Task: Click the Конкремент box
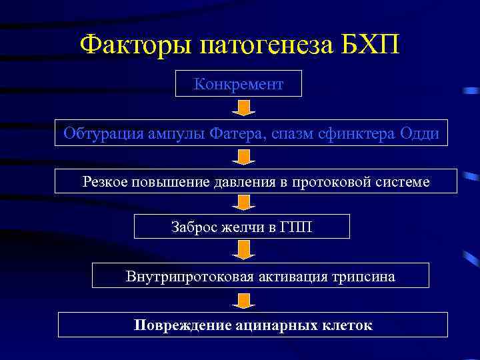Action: (238, 84)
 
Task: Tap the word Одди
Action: (420, 133)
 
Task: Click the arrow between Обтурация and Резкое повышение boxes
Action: (245, 157)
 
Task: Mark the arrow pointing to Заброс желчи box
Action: (245, 203)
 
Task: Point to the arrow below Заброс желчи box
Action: (245, 250)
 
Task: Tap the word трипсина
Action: (366, 276)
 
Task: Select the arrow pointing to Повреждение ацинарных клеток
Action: (245, 301)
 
